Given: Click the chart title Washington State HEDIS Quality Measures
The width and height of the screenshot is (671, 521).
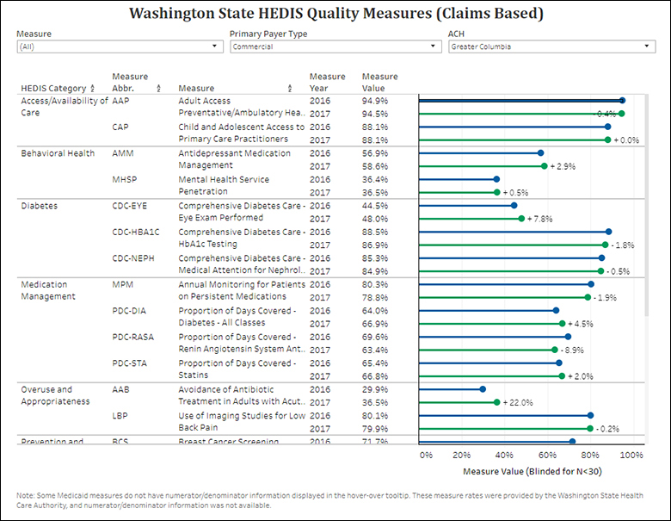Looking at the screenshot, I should [x=335, y=14].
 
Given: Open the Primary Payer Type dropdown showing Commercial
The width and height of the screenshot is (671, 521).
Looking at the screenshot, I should [x=335, y=47].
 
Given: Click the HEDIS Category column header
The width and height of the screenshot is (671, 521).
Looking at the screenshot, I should [x=53, y=88].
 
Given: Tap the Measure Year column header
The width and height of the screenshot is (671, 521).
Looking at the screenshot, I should [x=327, y=82].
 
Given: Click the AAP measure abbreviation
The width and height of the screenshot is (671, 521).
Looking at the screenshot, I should [x=120, y=101].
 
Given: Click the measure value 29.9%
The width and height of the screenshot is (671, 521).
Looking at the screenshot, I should [x=374, y=389].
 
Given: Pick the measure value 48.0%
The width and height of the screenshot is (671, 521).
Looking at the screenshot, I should [x=374, y=219].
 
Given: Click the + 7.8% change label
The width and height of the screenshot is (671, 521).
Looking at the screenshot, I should [x=543, y=219].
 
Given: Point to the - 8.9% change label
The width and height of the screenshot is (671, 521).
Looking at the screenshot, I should [x=574, y=350].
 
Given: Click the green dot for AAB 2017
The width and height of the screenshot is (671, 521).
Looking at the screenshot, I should [x=496, y=402].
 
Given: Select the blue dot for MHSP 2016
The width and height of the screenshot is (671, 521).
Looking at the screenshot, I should [x=496, y=179].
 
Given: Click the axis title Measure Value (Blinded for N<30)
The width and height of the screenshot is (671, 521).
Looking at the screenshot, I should [x=526, y=472].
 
